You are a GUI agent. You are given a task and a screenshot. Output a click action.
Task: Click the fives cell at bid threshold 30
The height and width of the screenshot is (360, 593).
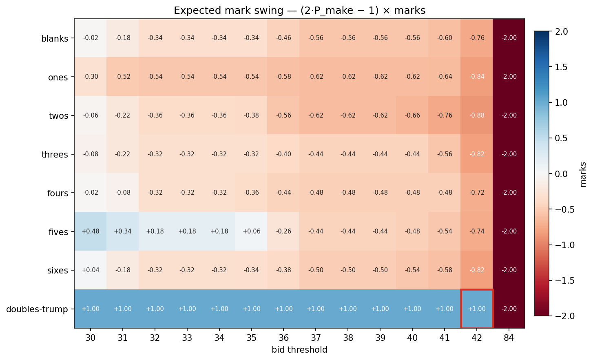coord(91,231)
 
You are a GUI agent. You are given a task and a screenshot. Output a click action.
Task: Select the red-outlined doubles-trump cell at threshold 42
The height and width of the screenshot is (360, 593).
coord(477,309)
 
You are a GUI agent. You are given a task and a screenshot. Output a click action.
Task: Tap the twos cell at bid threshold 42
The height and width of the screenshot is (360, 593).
coord(477,116)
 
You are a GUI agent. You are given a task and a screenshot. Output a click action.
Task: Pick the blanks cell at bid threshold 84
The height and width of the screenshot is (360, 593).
coord(509,38)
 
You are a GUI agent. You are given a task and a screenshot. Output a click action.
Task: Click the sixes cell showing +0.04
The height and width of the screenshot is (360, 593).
coord(91,270)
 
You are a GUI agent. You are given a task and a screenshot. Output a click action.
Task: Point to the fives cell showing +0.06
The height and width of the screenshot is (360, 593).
coord(252,231)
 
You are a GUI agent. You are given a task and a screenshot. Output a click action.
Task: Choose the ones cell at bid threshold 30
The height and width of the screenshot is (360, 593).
coord(91,77)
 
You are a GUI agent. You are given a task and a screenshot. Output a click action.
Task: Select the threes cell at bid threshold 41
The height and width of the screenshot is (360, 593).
coord(445,154)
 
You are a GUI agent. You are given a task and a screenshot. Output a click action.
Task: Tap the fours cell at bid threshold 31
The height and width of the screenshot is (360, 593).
coord(123,193)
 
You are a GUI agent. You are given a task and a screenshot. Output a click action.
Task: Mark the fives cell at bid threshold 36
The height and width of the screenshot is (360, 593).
coord(284,231)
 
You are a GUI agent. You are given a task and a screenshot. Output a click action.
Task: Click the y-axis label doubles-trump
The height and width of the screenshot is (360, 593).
coord(37,309)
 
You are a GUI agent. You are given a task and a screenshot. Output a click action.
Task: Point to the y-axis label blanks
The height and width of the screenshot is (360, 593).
coord(55,39)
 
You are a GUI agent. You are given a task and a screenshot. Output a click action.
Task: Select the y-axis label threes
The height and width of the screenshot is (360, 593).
coord(55,155)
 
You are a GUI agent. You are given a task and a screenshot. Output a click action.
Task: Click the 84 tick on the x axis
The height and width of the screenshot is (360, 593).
coord(509,338)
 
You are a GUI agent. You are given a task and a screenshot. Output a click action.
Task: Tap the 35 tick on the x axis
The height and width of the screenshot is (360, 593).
coord(252,338)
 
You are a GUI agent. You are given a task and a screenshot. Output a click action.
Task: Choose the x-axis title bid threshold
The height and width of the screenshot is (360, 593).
coord(299,350)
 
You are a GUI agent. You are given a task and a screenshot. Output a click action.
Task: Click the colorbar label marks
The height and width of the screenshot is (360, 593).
coord(583,174)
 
